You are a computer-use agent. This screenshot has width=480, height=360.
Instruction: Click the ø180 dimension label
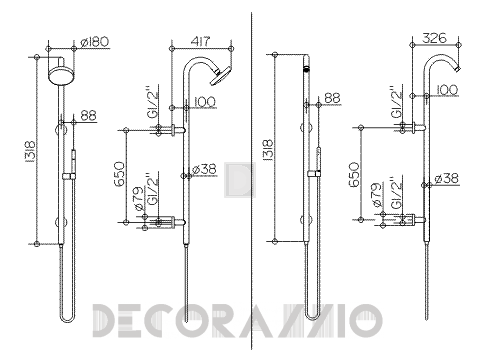(95, 42)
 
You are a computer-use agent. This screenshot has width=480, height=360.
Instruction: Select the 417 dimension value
(201, 42)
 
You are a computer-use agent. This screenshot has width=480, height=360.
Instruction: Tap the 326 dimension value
(435, 38)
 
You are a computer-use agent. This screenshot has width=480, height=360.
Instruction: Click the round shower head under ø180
(60, 76)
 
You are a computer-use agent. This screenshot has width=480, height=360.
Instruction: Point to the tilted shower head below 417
(221, 76)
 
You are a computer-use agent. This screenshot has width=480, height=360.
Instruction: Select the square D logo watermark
(240, 180)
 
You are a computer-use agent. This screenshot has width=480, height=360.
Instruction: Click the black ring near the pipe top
(307, 70)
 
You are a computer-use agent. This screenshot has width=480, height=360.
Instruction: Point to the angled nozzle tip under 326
(458, 69)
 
